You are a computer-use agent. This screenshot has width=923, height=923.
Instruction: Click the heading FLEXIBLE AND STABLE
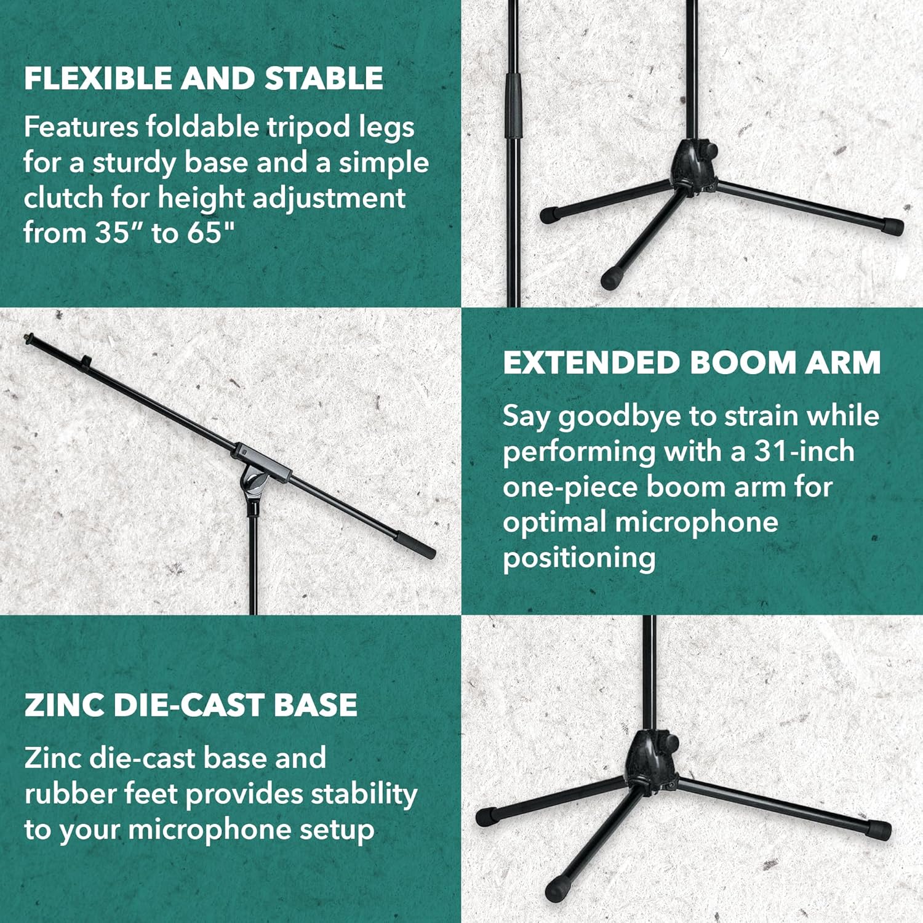tap(204, 79)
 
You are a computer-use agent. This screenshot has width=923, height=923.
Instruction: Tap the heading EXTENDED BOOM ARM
tap(692, 362)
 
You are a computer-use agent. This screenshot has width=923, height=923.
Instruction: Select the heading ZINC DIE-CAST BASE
tap(191, 705)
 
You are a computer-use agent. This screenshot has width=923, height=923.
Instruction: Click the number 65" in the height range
tap(211, 233)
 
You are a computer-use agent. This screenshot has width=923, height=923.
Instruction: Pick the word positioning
tap(579, 558)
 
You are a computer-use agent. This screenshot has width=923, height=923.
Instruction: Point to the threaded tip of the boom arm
tap(28, 338)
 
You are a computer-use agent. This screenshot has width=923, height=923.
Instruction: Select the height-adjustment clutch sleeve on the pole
tap(513, 106)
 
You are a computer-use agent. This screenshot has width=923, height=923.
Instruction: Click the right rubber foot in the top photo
tap(892, 226)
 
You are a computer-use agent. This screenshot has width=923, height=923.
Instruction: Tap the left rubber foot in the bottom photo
tap(487, 817)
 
